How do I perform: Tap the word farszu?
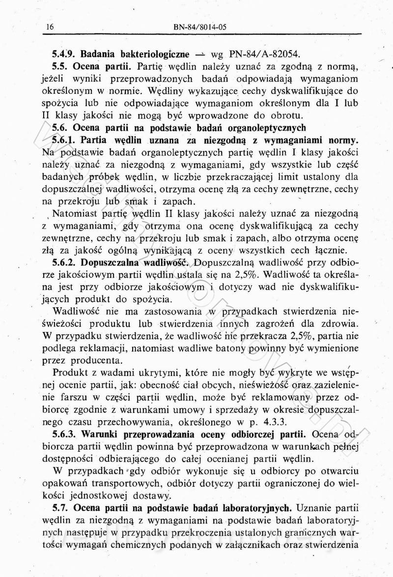[x=74, y=396]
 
